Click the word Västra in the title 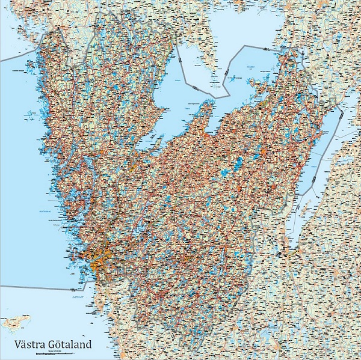[31, 345]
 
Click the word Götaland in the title [70, 345]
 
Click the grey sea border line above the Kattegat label [42, 288]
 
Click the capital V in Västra [18, 345]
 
